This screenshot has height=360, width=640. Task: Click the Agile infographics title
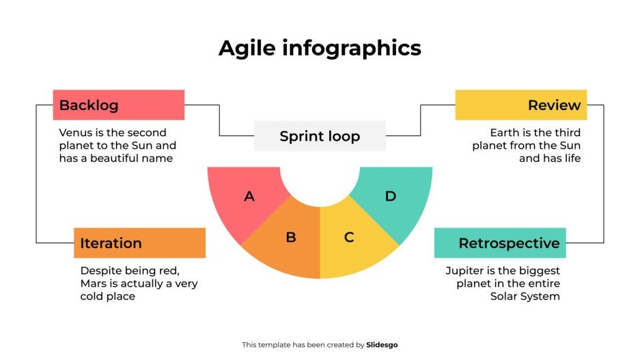click(x=320, y=49)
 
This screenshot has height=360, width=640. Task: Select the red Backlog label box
click(x=118, y=105)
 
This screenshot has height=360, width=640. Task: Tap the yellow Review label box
click(x=520, y=105)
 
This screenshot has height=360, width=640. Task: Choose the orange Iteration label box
click(x=139, y=243)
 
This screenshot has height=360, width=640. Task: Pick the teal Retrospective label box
click(x=500, y=243)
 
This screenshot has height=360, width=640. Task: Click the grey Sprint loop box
click(x=320, y=136)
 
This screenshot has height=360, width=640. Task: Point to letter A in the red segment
click(x=249, y=197)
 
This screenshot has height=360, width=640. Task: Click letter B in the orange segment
click(x=291, y=238)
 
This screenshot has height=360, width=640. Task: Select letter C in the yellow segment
click(x=349, y=238)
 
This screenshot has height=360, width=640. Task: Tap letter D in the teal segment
click(x=391, y=197)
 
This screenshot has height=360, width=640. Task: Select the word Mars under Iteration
click(x=94, y=283)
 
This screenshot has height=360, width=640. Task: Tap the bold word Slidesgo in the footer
click(x=382, y=345)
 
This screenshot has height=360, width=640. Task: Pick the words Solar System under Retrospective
click(x=525, y=296)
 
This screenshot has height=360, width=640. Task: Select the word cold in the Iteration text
click(x=94, y=296)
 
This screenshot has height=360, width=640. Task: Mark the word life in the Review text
click(x=570, y=158)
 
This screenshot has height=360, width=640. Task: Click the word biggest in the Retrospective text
click(x=538, y=271)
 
